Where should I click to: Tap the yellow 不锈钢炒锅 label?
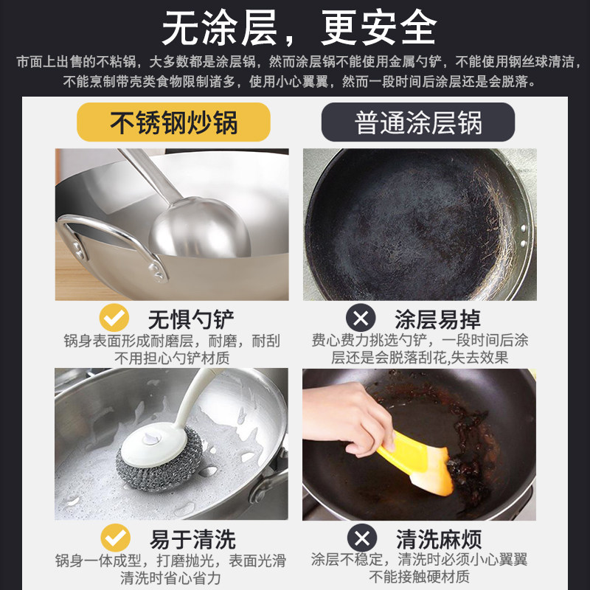pos(174,122)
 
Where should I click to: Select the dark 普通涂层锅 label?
pos(418,122)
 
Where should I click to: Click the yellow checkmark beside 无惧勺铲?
pos(115,319)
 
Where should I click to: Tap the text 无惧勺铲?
pos(191,319)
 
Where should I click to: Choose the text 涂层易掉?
pos(438,319)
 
